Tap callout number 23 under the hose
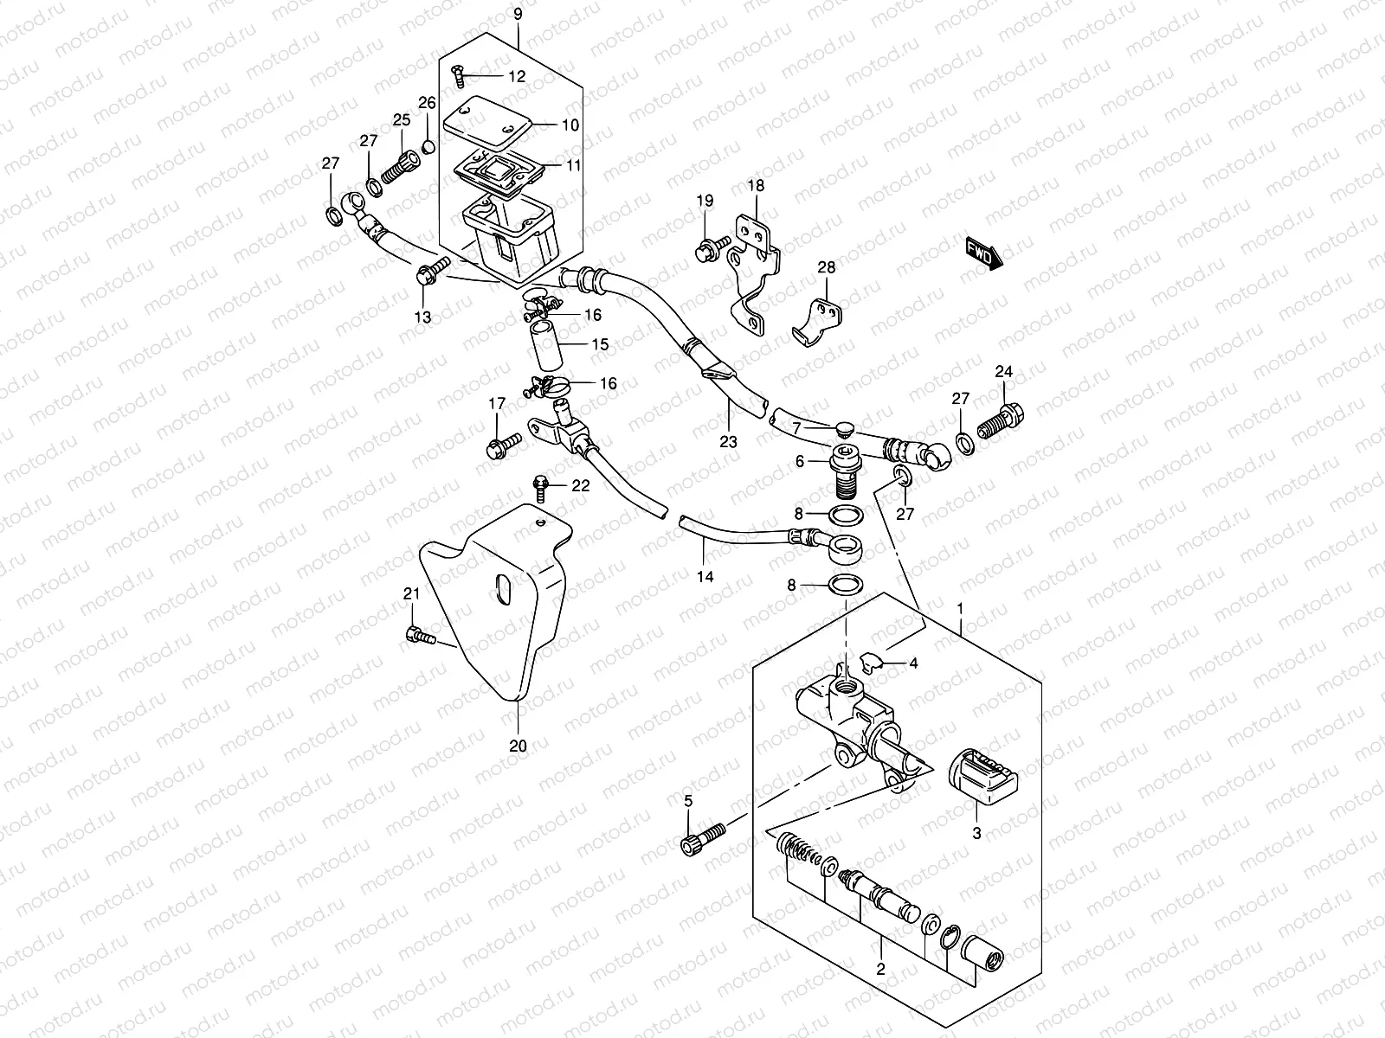point(729,441)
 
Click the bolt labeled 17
point(501,447)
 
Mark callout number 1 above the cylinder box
point(959,609)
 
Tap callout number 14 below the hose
point(705,575)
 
